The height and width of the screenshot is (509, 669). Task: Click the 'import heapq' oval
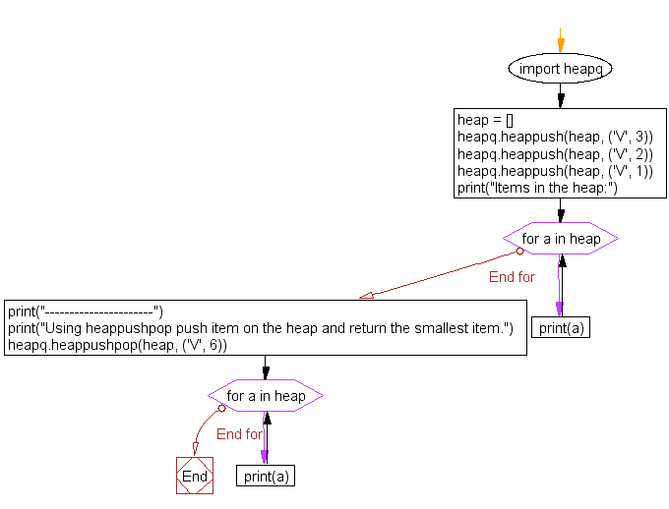click(x=561, y=69)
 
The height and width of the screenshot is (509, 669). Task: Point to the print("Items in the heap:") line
click(x=537, y=189)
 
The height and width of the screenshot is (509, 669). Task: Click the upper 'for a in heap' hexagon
click(x=561, y=239)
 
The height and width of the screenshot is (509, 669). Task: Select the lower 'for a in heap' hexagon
click(x=266, y=396)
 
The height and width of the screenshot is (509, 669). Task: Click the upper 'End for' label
click(x=512, y=277)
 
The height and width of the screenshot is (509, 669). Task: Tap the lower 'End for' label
click(x=239, y=433)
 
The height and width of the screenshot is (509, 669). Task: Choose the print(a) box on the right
click(x=561, y=328)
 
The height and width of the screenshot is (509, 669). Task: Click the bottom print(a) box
click(x=266, y=477)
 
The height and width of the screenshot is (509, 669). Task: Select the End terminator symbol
click(x=195, y=477)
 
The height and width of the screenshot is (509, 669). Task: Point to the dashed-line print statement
click(x=85, y=311)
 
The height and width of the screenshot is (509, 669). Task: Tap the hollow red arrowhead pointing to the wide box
click(x=367, y=294)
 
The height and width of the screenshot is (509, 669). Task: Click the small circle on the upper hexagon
click(x=519, y=251)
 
